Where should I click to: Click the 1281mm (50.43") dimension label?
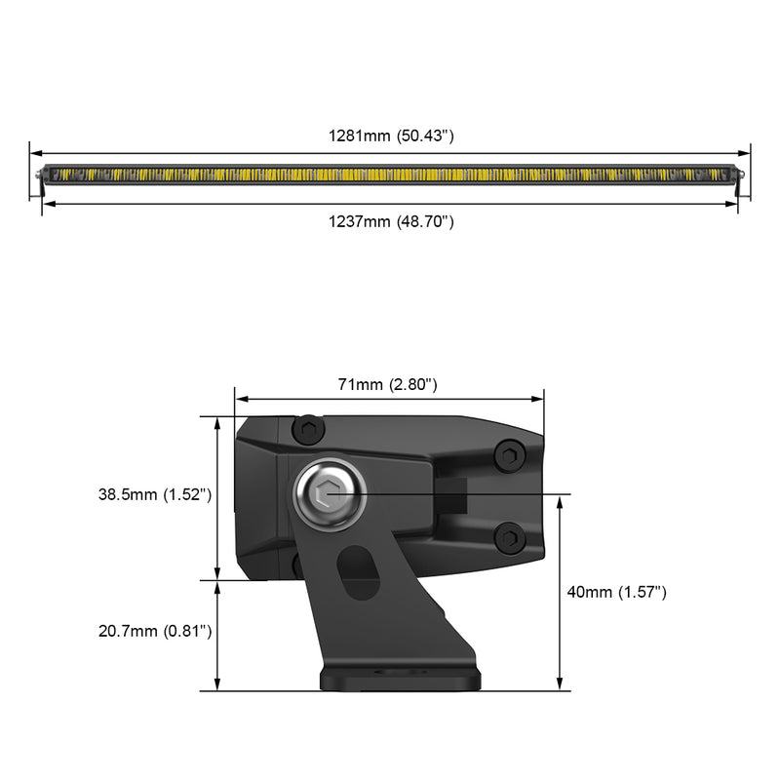point(391,136)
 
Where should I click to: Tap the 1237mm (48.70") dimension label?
point(391,221)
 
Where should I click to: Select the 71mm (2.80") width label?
point(387,384)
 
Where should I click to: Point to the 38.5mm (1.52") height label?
point(155,494)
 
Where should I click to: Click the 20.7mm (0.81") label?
point(155,631)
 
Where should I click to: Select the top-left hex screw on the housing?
point(308,429)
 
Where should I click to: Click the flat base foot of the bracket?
point(400,679)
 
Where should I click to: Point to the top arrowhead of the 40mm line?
point(560,499)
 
